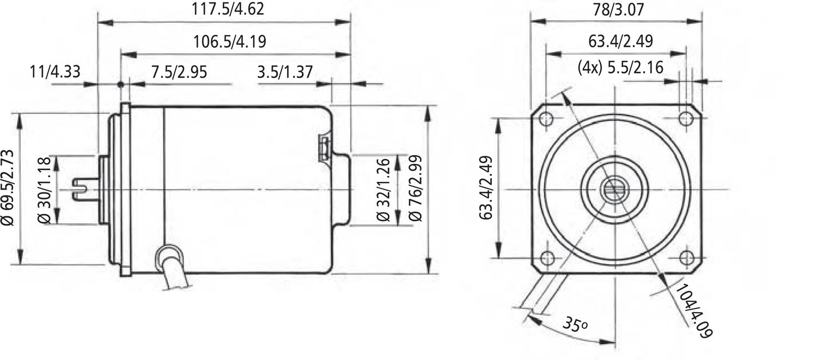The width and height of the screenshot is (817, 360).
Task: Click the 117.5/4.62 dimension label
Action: point(228,9)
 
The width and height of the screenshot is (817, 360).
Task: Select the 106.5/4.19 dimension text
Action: point(229,41)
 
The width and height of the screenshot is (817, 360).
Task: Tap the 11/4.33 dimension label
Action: point(54,71)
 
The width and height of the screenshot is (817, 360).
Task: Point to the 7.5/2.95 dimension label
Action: point(179,72)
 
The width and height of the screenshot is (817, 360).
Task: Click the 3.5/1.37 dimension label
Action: point(285,72)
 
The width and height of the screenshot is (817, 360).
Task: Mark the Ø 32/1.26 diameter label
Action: point(383,190)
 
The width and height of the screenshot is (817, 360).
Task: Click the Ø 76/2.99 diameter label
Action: point(416,188)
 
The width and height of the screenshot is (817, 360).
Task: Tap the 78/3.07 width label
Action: point(619,9)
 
